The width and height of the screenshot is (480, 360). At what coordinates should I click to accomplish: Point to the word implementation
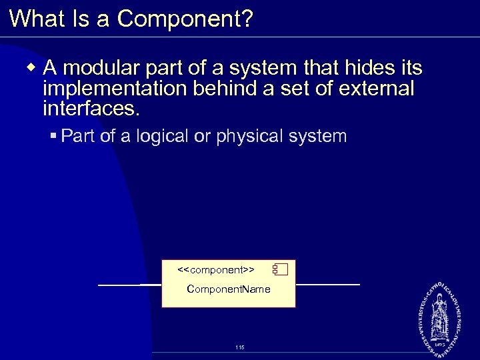point(109,88)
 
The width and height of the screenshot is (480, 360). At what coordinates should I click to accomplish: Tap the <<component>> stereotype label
point(216,270)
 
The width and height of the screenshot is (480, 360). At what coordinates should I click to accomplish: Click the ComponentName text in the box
point(228,289)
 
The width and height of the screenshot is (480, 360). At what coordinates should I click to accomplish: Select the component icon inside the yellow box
point(279,270)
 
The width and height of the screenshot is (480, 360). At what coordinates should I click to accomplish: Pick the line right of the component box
point(327,285)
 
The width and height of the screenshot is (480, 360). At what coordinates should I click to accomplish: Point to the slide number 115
point(239,347)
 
